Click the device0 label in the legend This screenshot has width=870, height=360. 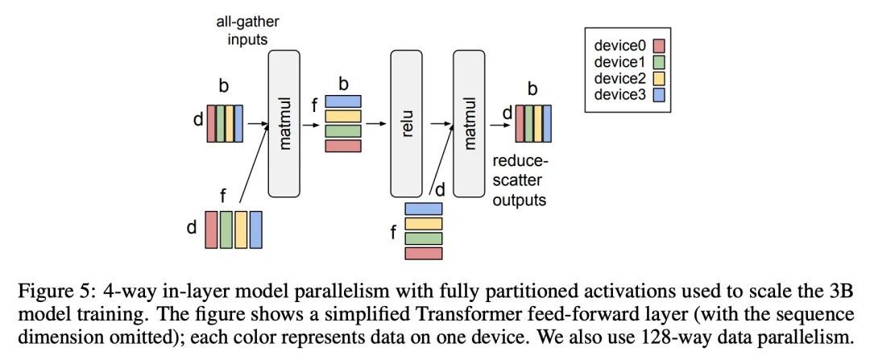(x=625, y=45)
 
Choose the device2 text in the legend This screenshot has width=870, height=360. (x=625, y=79)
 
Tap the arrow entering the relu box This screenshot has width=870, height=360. (x=375, y=124)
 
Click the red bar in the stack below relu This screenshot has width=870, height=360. (x=424, y=254)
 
